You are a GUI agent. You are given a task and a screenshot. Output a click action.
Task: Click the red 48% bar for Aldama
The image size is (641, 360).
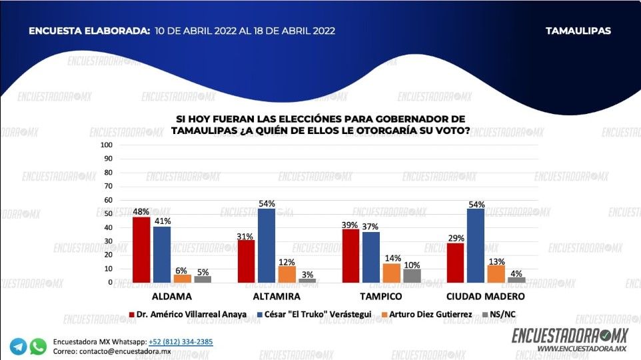[x=141, y=250]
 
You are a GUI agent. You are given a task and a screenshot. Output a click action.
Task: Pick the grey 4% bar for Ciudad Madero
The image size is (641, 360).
[x=517, y=280]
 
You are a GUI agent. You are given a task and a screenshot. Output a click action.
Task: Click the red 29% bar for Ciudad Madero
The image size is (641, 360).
[x=455, y=263]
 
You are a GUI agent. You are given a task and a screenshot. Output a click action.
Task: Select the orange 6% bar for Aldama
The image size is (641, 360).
[x=183, y=279]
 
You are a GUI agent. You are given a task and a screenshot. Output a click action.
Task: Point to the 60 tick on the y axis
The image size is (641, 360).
[x=108, y=200]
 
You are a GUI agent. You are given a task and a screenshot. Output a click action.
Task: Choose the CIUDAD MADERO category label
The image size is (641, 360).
[x=486, y=296]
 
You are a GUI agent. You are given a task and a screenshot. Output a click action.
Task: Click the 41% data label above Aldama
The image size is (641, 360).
[x=163, y=221]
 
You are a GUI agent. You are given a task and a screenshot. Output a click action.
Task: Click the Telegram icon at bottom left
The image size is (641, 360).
[x=19, y=346]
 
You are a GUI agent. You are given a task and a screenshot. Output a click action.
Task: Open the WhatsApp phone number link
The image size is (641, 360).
[x=181, y=341]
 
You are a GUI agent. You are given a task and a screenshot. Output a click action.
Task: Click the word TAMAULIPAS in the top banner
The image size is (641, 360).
[x=578, y=31]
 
